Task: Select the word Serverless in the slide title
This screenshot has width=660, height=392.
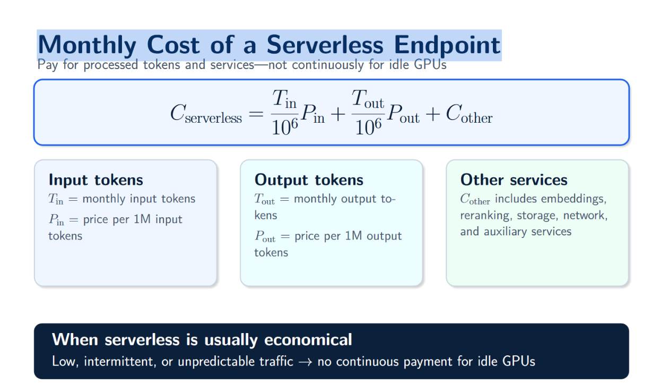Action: tap(325, 45)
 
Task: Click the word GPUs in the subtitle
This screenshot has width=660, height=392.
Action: tap(430, 65)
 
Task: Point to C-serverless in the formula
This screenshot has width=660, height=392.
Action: tap(206, 114)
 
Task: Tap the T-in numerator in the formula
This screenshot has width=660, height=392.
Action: tap(284, 98)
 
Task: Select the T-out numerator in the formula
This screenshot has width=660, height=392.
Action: tap(368, 98)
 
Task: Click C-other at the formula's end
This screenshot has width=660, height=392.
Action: tap(469, 114)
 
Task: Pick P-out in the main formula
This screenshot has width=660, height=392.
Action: tap(403, 114)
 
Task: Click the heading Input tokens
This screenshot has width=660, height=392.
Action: tap(95, 180)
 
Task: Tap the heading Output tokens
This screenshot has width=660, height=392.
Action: tap(309, 180)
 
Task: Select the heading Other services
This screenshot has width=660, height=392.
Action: tap(514, 180)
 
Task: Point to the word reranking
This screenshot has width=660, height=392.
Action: tap(485, 216)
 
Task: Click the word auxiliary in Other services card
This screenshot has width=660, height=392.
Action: tap(505, 232)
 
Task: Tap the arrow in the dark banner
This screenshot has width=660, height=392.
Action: tap(305, 362)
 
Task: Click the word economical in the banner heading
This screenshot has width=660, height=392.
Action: tap(308, 339)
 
